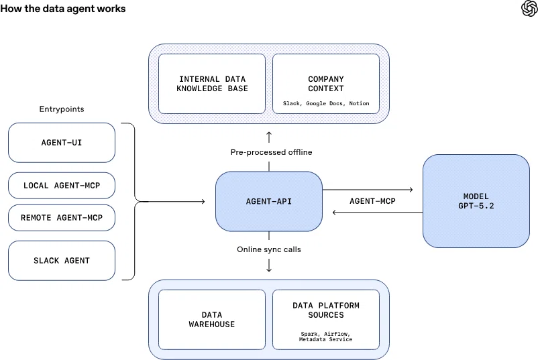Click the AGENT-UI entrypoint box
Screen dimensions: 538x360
pos(62,143)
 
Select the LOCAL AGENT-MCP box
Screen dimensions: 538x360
pos(62,186)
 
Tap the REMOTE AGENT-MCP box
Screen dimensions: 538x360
pos(62,218)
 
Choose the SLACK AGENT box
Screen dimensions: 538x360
pos(62,261)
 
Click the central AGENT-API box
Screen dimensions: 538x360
pos(269,201)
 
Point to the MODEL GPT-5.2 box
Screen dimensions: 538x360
pos(476,201)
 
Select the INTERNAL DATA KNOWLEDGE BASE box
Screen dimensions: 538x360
pos(212,84)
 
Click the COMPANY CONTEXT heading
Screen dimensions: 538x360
pos(326,84)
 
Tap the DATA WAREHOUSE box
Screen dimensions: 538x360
pos(212,320)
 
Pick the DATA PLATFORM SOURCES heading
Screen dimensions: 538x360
pos(326,310)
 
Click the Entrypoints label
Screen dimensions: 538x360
pos(62,109)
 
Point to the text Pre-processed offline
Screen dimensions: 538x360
pos(272,152)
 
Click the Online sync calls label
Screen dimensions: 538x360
pos(269,249)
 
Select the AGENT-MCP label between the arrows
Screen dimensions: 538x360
pos(372,201)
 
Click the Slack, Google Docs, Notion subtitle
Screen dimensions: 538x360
pos(326,103)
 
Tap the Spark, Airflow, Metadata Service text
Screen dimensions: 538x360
pos(325,337)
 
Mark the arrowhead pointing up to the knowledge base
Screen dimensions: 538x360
pos(269,133)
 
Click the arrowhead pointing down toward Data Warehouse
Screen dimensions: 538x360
pos(269,269)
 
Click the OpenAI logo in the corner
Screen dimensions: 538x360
pos(529,8)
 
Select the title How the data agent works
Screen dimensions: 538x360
pos(63,9)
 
